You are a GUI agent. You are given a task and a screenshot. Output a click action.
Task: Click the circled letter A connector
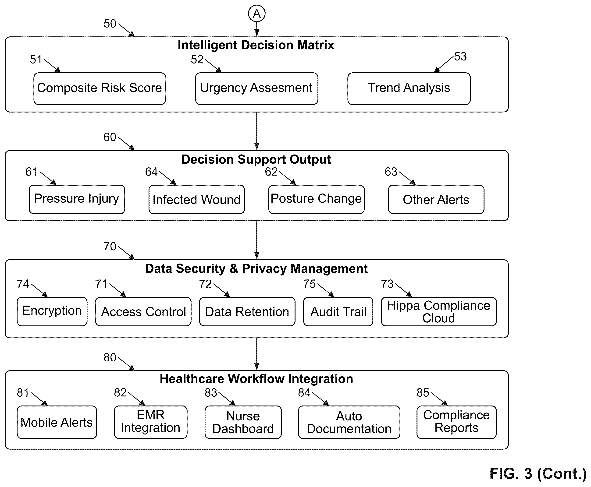tap(256, 14)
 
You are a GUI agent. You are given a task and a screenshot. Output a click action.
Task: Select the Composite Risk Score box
tap(100, 89)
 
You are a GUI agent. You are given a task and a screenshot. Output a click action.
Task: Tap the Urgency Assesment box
tap(256, 89)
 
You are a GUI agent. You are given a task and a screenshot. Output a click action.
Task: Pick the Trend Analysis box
tap(409, 89)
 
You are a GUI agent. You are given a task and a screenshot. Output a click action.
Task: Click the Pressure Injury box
tap(77, 199)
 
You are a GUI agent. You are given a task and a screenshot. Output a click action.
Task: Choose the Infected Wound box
tap(196, 199)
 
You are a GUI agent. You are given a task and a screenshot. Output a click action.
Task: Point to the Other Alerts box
tap(436, 199)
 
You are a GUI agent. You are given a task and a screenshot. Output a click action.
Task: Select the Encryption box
tap(52, 311)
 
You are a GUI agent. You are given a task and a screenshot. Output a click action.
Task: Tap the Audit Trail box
tap(338, 311)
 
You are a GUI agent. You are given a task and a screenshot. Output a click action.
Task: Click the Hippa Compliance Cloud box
tap(439, 311)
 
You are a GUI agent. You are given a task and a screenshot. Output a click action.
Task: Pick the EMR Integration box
tap(151, 422)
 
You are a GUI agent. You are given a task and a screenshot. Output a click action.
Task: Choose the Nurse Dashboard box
tap(243, 422)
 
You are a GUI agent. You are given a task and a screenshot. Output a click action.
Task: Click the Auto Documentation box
tap(349, 422)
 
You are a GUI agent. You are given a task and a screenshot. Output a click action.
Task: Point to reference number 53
tap(460, 57)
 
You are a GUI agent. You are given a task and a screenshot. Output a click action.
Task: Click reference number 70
tap(110, 246)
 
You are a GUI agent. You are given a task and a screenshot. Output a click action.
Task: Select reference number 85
tap(423, 392)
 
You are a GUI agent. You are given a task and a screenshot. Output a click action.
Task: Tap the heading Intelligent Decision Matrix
tap(256, 45)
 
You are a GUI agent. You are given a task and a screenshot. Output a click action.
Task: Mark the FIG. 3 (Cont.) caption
tap(538, 473)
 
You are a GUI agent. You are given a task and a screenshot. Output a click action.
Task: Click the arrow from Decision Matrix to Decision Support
tap(256, 131)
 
